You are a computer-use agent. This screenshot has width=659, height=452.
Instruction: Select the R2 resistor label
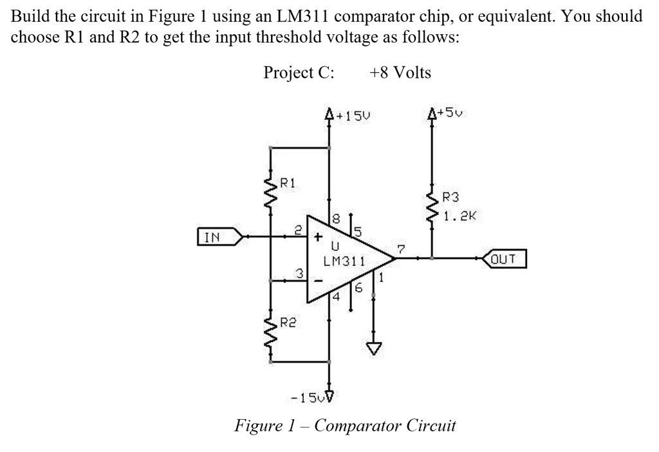[288, 321]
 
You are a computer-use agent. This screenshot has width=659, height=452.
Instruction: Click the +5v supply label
[450, 114]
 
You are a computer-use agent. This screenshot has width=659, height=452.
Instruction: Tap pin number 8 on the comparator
[337, 220]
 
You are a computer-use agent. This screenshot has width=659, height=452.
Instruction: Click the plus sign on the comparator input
[318, 236]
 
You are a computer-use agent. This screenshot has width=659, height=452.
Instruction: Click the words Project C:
[299, 72]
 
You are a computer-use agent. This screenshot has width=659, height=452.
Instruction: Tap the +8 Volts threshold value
[400, 72]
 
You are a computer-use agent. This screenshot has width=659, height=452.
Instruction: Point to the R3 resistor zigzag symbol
[431, 205]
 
